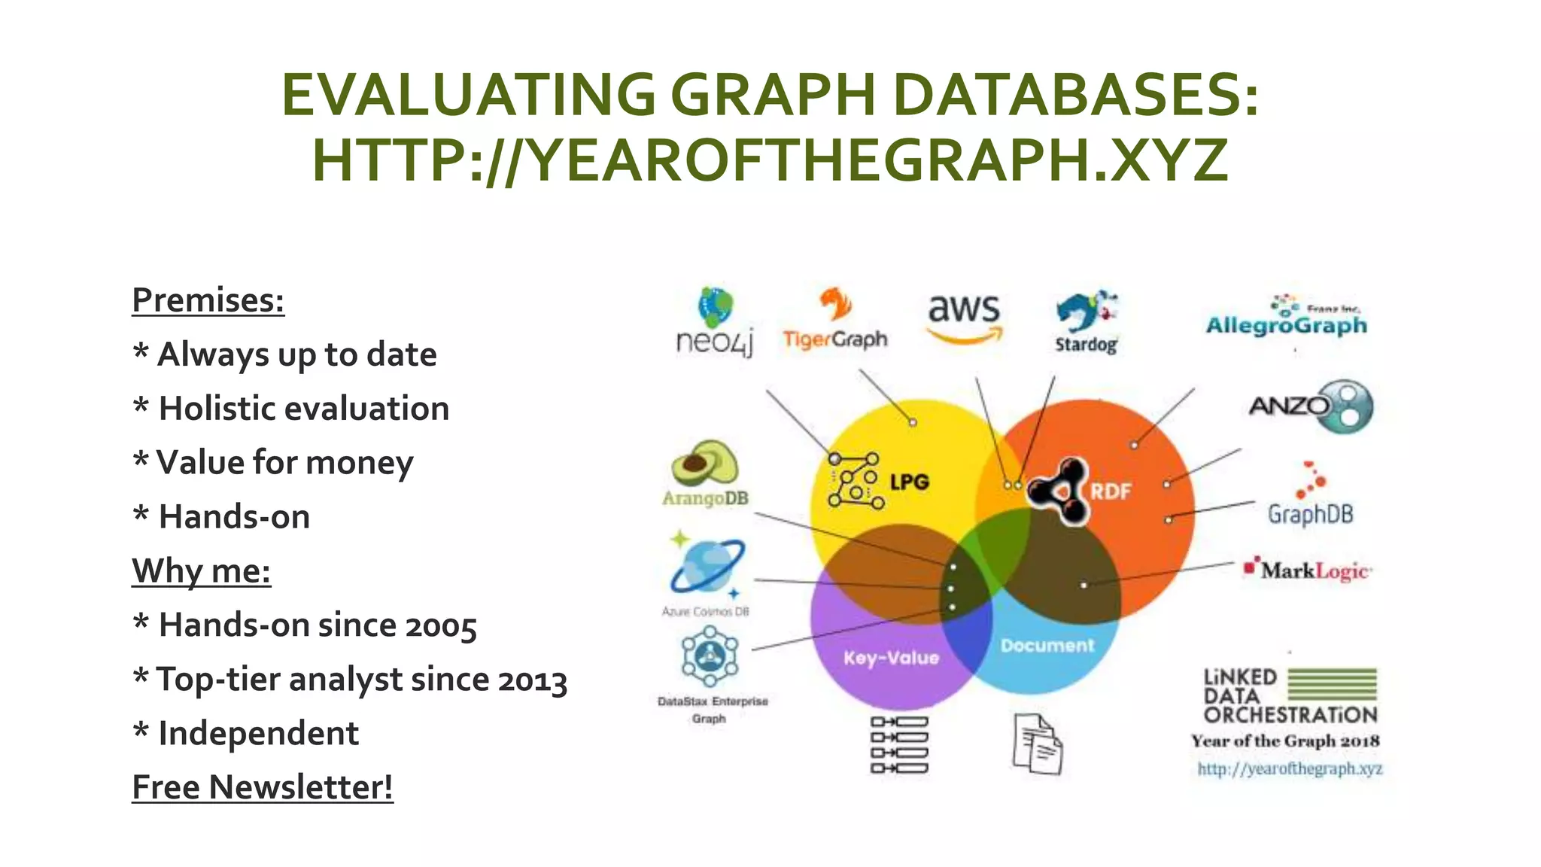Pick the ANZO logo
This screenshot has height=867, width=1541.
click(x=1312, y=406)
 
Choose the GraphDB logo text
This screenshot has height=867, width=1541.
click(x=1310, y=514)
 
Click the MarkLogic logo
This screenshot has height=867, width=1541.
click(x=1308, y=570)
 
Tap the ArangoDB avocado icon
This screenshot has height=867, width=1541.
click(x=704, y=464)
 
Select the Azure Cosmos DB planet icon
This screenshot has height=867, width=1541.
click(x=707, y=566)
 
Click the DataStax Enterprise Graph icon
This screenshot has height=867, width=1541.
click(x=710, y=656)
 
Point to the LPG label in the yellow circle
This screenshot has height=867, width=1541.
click(x=909, y=482)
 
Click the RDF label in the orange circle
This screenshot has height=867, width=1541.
click(x=1111, y=491)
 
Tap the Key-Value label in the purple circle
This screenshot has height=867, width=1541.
click(x=891, y=659)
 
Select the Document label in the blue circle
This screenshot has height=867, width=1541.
click(x=1047, y=646)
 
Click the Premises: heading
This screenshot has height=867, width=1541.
click(x=208, y=300)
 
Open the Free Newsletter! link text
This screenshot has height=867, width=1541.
click(x=263, y=787)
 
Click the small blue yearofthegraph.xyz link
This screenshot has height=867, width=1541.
click(x=1290, y=768)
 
